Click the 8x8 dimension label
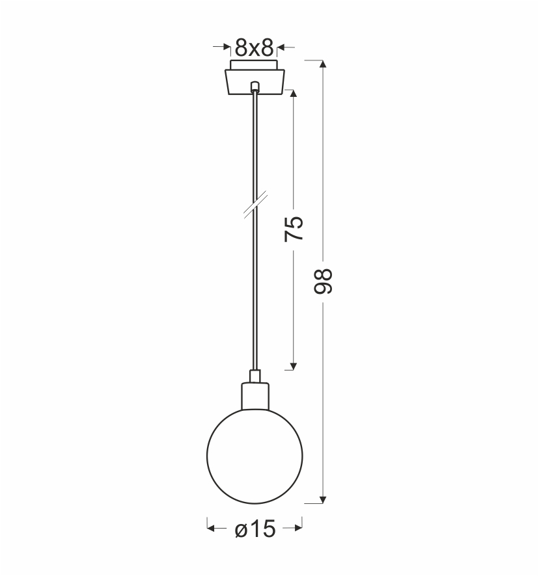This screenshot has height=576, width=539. point(255,47)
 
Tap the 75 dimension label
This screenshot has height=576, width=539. point(294,229)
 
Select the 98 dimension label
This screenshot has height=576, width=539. point(323,281)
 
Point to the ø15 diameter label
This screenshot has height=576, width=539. point(255,529)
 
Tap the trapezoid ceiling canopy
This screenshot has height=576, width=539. point(255,81)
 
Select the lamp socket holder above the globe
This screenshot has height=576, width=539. point(255,396)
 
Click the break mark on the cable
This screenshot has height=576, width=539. point(255,205)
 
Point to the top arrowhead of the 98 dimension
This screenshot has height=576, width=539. point(323,64)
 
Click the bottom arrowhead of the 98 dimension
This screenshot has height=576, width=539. point(323,499)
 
